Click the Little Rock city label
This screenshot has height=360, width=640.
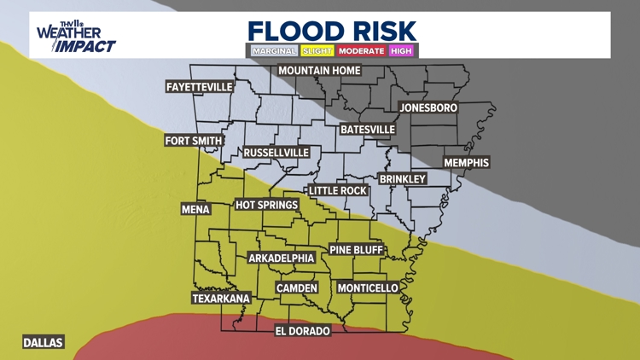pos(338,191)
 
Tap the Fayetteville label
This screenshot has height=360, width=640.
pos(200,87)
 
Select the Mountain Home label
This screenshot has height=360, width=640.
pos(319,70)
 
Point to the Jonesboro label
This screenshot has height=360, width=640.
pos(428,108)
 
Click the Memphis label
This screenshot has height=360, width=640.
pos(466,163)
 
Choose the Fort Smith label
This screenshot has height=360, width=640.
pos(194,141)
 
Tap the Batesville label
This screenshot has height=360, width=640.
pos(368,130)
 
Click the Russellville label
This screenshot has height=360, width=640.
pos(276,153)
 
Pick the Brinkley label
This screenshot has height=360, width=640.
pos(402,179)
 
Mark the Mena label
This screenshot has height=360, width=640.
pos(195,209)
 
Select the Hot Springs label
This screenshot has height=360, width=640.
pos(267,205)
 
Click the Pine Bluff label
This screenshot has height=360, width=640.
pos(357,250)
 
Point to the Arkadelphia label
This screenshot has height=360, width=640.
pos(282,258)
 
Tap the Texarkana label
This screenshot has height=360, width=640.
pos(221,299)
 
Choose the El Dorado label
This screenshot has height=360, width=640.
pos(302,331)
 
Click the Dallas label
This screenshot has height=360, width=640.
pos(43,342)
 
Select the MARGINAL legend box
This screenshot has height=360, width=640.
pos(274,51)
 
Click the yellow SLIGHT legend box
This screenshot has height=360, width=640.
pos(317,51)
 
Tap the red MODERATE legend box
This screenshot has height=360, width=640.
pos(361,51)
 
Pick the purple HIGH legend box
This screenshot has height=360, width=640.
pos(401,51)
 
